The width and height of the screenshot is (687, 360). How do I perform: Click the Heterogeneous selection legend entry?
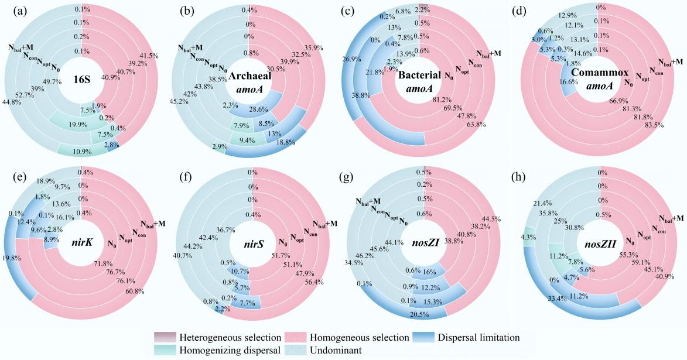coord(214,338)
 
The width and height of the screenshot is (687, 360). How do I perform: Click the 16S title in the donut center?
coord(81,81)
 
